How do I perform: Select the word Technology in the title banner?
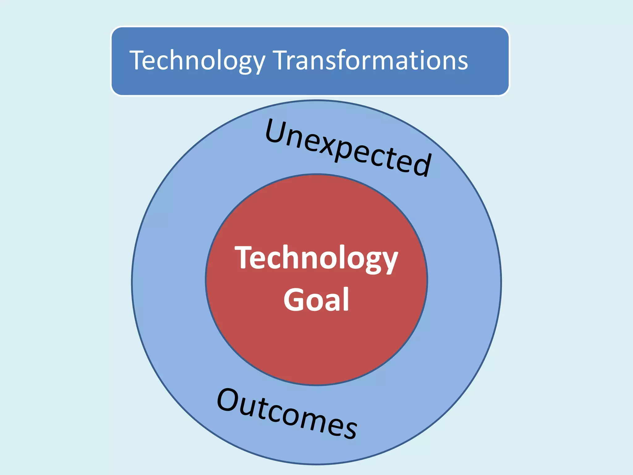coord(197,61)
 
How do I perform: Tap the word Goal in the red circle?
coord(316,299)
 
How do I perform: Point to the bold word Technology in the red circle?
coord(316,258)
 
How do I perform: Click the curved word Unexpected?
coord(348,148)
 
